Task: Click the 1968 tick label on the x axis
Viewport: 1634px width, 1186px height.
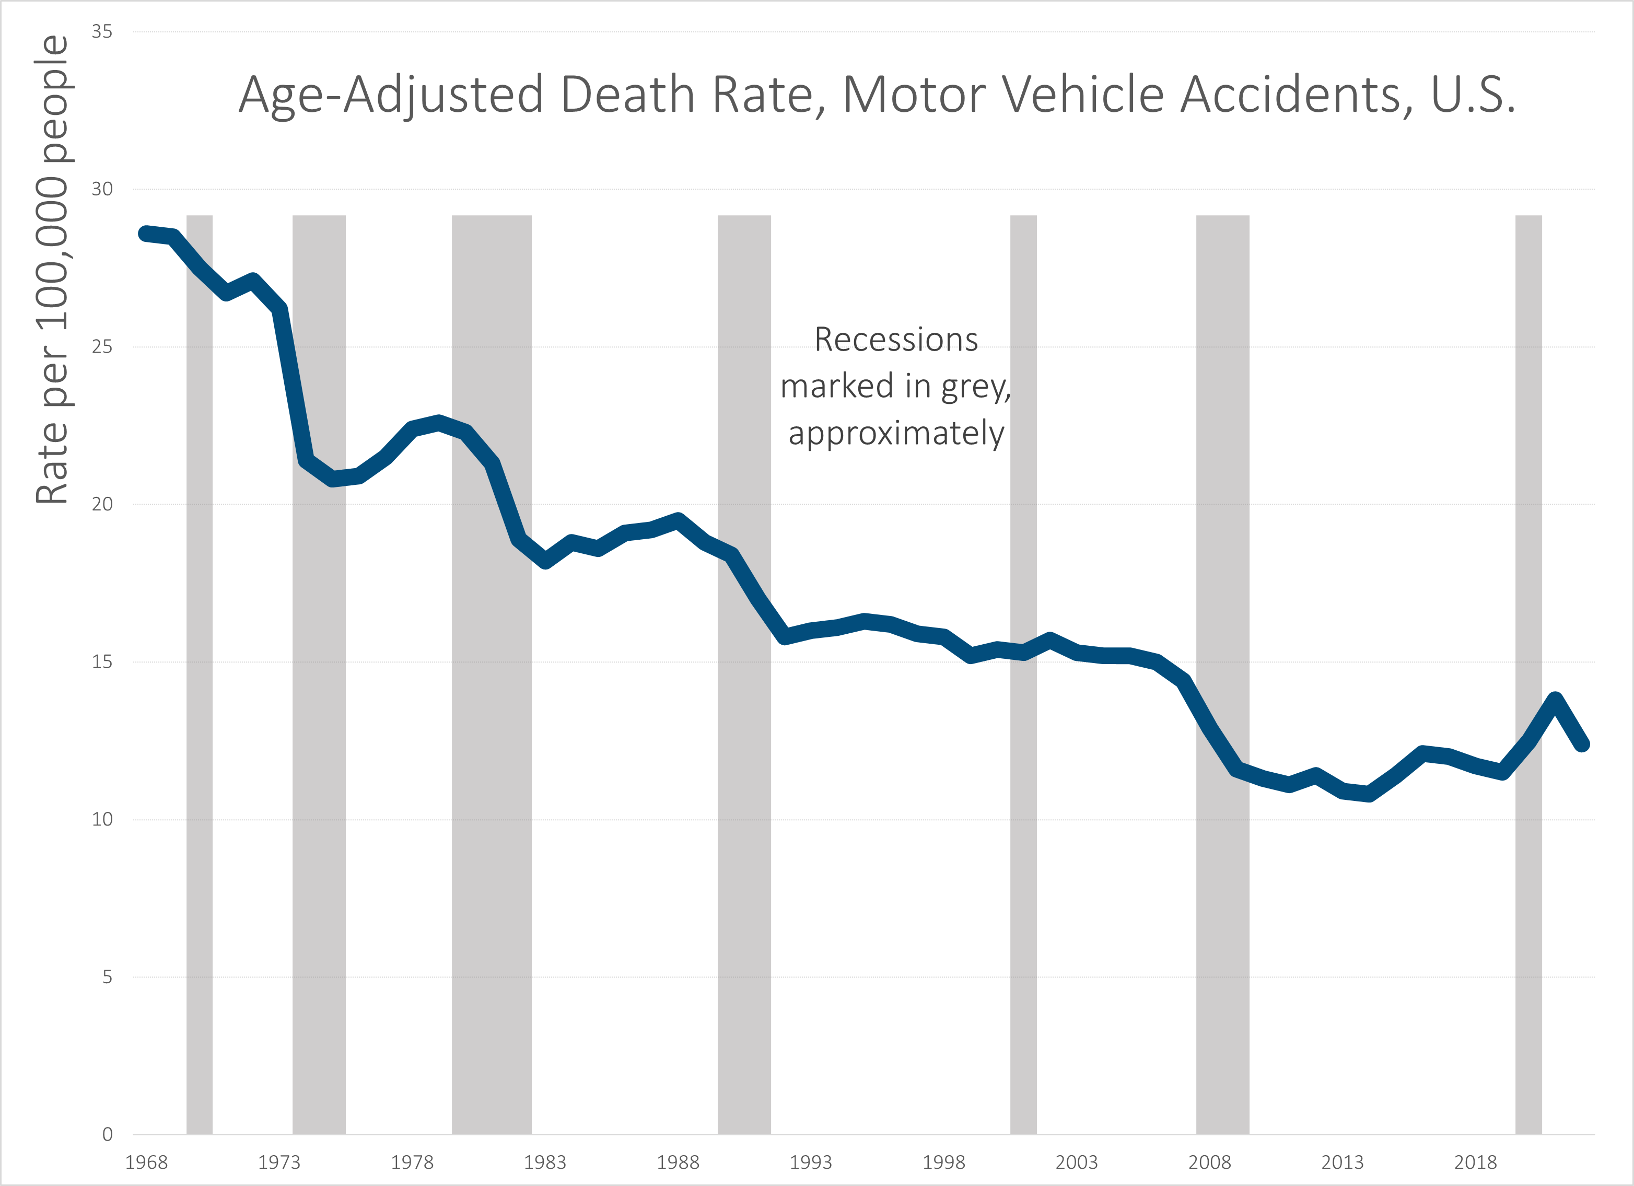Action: [146, 1162]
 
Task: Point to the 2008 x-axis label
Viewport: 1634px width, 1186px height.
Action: [1210, 1162]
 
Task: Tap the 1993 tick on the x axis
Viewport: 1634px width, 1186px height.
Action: [811, 1162]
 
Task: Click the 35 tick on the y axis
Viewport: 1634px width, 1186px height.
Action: [102, 32]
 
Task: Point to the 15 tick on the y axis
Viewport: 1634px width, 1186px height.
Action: [102, 661]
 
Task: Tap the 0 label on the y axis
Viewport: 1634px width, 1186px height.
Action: [107, 1135]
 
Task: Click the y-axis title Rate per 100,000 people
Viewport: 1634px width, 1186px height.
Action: [52, 270]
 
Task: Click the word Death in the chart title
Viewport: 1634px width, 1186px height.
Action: [627, 95]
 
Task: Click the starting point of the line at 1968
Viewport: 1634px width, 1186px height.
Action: [146, 234]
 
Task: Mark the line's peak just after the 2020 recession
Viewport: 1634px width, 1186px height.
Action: [1555, 699]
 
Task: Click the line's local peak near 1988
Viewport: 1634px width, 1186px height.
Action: [678, 520]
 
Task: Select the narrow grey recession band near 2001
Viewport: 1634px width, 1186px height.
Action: [1023, 865]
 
